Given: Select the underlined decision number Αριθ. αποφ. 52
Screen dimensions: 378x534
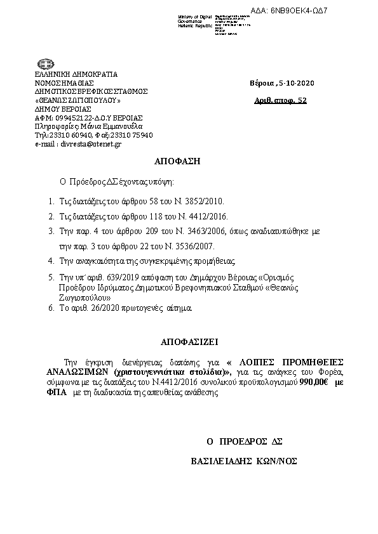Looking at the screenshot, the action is (280, 100).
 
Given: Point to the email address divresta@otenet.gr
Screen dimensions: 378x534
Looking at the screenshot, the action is (86, 144).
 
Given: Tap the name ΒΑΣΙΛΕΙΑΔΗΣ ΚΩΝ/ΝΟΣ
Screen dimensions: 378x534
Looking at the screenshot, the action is (245, 461).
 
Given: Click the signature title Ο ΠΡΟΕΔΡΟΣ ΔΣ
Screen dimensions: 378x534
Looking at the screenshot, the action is (244, 440).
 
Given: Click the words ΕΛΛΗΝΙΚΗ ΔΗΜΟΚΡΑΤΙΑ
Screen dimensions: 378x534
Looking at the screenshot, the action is (76, 74).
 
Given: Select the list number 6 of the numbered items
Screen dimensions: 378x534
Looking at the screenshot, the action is (51, 307).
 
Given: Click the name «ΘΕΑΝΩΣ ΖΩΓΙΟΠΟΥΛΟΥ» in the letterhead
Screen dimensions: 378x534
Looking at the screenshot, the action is (77, 100).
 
